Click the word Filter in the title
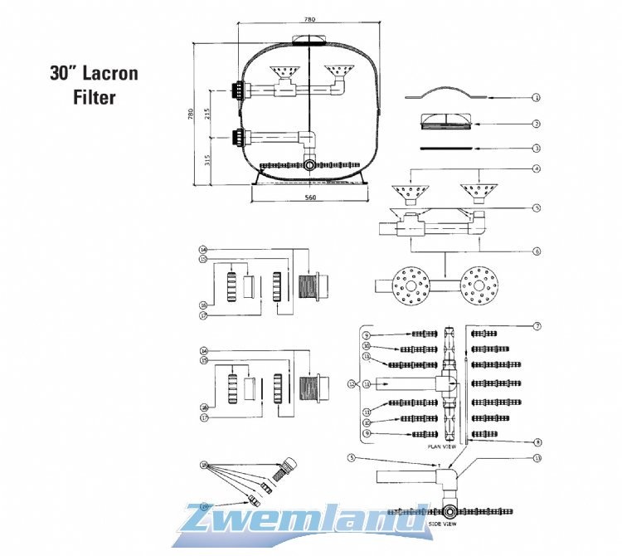94,97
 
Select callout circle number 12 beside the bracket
352,384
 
